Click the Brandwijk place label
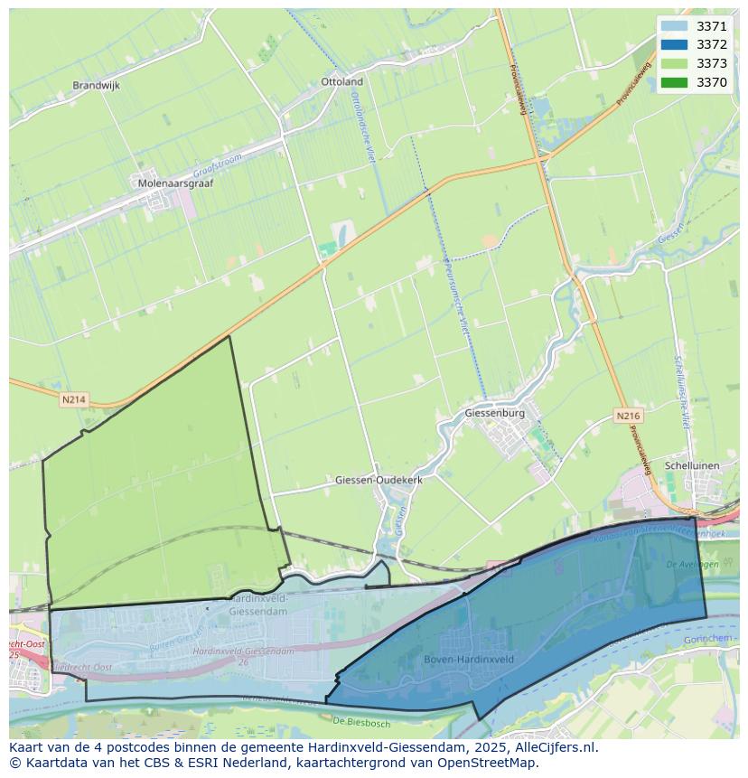click(96, 86)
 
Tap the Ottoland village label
click(341, 81)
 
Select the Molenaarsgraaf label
click(173, 183)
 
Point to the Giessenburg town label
click(494, 413)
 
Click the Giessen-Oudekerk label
click(379, 480)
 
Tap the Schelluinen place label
click(691, 465)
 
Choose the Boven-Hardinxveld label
click(469, 660)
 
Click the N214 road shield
click(73, 398)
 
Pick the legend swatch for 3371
click(674, 27)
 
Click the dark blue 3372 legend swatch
click(674, 45)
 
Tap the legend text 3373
click(712, 63)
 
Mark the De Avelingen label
click(692, 564)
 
